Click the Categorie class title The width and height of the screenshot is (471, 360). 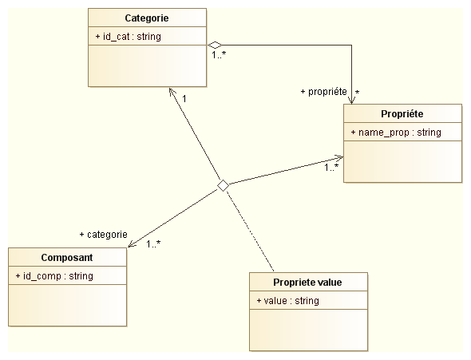[147, 18]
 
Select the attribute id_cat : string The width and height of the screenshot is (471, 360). [129, 37]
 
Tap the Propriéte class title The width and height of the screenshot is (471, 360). [402, 114]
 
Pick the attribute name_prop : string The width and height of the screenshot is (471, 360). [396, 133]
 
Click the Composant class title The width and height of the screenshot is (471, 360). [67, 258]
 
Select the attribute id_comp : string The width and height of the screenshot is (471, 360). [54, 276]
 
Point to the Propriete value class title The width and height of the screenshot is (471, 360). [307, 283]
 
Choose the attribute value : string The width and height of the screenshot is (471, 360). [287, 301]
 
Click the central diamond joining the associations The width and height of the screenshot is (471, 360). [223, 185]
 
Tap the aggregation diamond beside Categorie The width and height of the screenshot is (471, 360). [215, 45]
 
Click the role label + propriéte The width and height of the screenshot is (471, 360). [324, 92]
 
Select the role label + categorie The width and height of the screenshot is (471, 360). [103, 235]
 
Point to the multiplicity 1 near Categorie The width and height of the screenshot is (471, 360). [184, 98]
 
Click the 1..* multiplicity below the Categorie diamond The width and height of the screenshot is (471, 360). [219, 55]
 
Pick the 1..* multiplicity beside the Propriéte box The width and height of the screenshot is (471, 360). [331, 168]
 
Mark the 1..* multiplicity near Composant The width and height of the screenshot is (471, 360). [153, 244]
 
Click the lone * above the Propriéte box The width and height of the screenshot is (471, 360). [357, 92]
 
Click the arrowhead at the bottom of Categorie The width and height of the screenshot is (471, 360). [172, 92]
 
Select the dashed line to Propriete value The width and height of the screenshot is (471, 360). [250, 231]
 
